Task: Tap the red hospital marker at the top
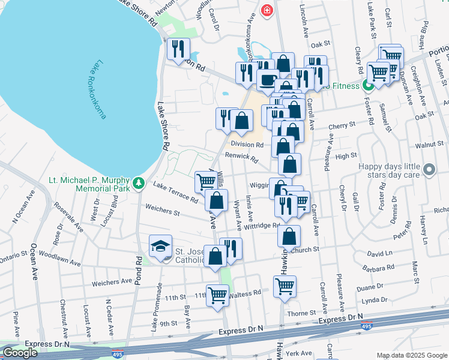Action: pos(267,10)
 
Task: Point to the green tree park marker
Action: pos(139,182)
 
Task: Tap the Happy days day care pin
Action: pos(429,170)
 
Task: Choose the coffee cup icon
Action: pos(268,79)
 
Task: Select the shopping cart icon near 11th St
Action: pos(217,295)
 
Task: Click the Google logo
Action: pos(20,352)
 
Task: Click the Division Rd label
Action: pos(247,145)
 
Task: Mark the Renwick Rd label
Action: pos(241,158)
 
